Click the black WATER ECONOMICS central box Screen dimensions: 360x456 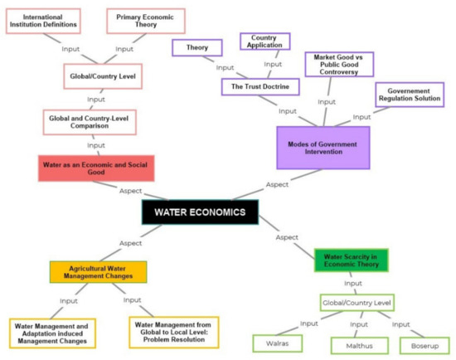pos(200,212)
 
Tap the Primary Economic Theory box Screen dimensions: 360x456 pos(146,20)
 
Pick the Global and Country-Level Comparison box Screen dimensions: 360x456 pos(90,122)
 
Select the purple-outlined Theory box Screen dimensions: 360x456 pos(196,47)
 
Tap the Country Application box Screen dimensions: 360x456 pos(264,41)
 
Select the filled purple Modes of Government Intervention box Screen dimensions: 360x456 pos(323,148)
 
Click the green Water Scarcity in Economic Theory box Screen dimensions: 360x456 pos(351,260)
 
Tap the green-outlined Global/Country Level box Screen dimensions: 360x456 pos(357,303)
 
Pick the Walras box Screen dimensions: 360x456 pos(278,342)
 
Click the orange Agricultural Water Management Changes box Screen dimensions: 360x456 pos(98,272)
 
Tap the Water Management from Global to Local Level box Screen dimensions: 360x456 pos(174,332)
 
